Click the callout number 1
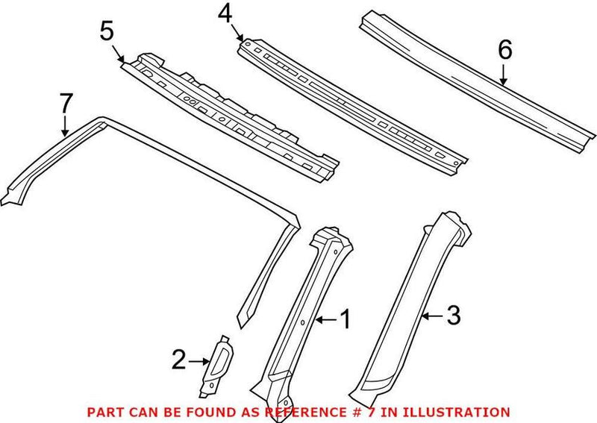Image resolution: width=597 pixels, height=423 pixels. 344,320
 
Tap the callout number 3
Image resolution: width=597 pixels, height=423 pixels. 454,316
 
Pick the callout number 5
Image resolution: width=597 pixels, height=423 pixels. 107,31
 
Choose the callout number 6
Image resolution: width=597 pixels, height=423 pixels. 504,50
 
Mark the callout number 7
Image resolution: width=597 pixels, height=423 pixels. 66,102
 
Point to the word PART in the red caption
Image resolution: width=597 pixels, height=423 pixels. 101,412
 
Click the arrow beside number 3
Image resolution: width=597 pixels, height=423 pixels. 431,316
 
